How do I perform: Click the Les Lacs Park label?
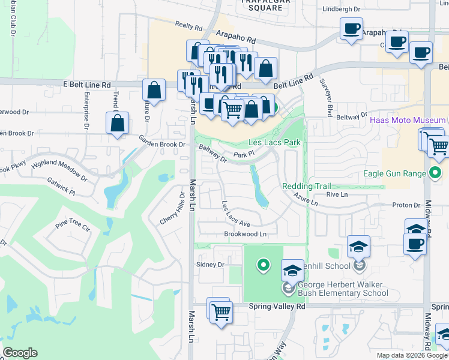[x=274, y=142]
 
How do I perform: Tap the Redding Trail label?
[x=307, y=186]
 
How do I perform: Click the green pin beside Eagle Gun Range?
[x=435, y=175]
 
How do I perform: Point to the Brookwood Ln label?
[x=245, y=234]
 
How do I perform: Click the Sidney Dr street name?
[x=210, y=264]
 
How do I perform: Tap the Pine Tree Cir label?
[x=72, y=227]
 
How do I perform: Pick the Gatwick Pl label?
[x=63, y=192]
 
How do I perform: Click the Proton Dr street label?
[x=406, y=205]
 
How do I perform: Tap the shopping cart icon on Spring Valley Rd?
[x=221, y=311]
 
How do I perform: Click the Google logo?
[x=20, y=353]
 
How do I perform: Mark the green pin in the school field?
[x=262, y=264]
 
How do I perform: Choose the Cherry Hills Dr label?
[x=173, y=209]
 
